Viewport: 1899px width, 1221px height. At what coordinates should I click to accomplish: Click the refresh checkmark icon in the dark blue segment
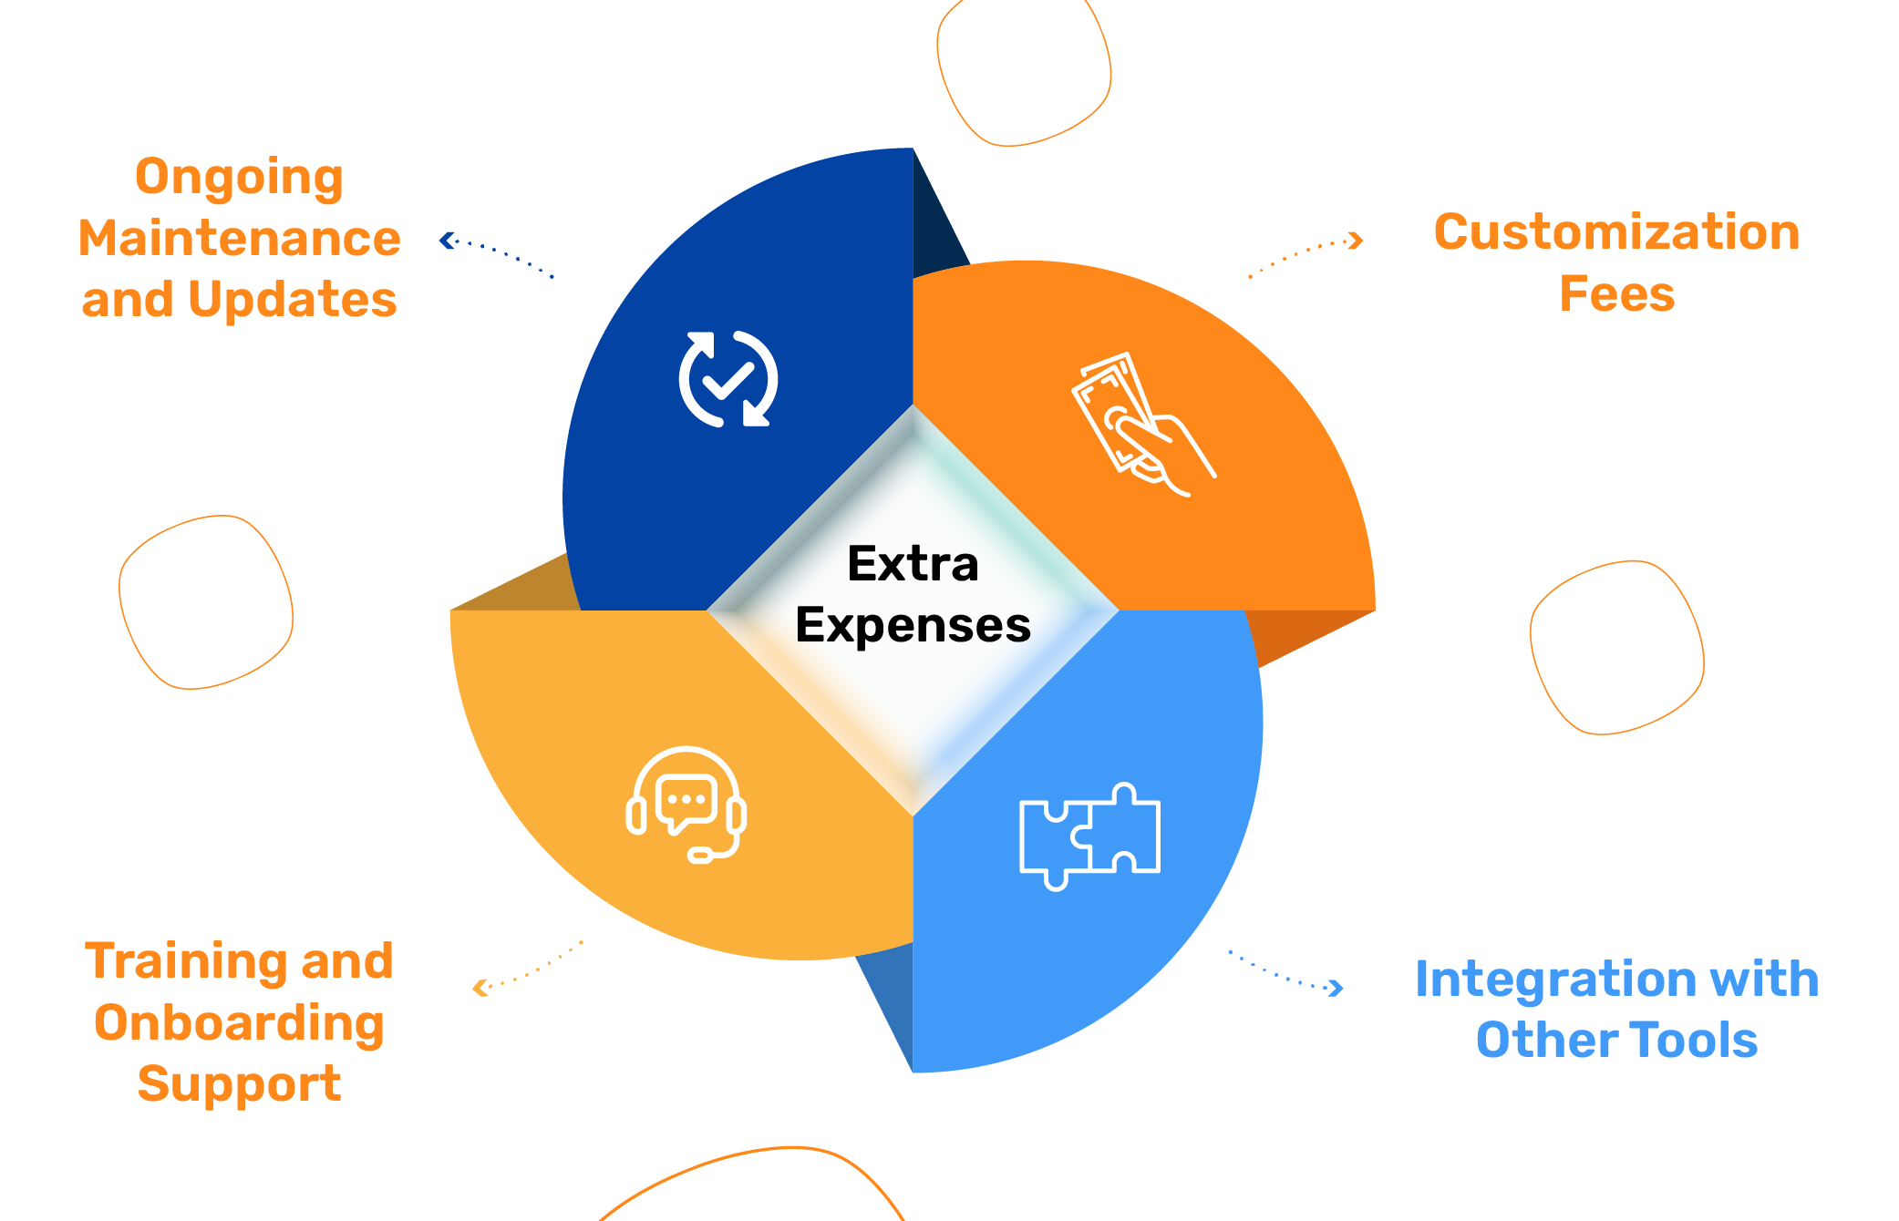tap(728, 379)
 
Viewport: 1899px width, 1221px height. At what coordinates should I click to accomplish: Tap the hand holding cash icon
tap(1143, 425)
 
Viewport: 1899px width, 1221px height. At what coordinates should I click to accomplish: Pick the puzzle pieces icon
tap(1089, 836)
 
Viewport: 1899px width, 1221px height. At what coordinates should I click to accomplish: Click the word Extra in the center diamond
tap(913, 563)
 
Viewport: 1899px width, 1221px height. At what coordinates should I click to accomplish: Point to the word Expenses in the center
tap(913, 626)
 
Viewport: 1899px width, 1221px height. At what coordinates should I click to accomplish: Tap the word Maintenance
tap(239, 239)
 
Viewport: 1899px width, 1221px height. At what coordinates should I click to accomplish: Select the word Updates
tap(293, 300)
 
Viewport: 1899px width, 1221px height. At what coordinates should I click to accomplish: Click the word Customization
tap(1617, 232)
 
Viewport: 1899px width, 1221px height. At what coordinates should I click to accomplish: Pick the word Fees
tap(1617, 294)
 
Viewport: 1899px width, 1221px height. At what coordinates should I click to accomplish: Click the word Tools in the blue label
tap(1693, 1041)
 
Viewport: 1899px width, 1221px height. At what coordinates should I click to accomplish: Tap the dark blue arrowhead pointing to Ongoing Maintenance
tap(446, 241)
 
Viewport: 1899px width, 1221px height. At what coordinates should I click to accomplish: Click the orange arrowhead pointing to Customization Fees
tap(1357, 241)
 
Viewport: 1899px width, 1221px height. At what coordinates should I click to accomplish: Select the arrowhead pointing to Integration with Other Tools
tap(1337, 988)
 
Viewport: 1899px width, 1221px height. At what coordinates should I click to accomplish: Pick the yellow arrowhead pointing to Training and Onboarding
tap(480, 988)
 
